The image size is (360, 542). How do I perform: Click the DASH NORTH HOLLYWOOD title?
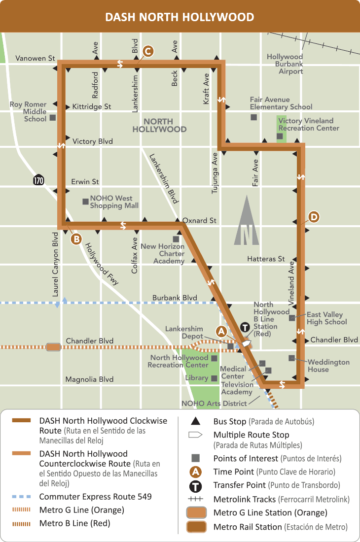[x=180, y=17]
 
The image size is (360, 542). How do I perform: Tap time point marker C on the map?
[x=147, y=51]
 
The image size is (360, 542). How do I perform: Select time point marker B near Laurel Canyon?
[x=76, y=239]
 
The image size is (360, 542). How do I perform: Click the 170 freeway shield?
[x=38, y=180]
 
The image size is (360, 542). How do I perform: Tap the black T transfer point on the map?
[x=245, y=328]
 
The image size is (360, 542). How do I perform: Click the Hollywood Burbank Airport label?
[x=285, y=64]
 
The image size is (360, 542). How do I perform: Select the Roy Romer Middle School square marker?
[x=52, y=118]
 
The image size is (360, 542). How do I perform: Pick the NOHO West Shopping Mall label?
[x=114, y=202]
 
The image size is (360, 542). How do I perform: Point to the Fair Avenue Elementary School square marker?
[x=253, y=117]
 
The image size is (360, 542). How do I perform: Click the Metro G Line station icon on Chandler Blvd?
[x=53, y=347]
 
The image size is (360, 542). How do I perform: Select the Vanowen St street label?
[x=35, y=58]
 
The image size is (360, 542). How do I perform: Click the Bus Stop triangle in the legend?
[x=195, y=421]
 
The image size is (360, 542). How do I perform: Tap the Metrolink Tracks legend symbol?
[x=195, y=499]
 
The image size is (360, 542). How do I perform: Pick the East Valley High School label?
[x=326, y=318]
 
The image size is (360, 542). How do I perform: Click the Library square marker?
[x=214, y=378]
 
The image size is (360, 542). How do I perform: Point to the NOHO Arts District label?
[x=214, y=404]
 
